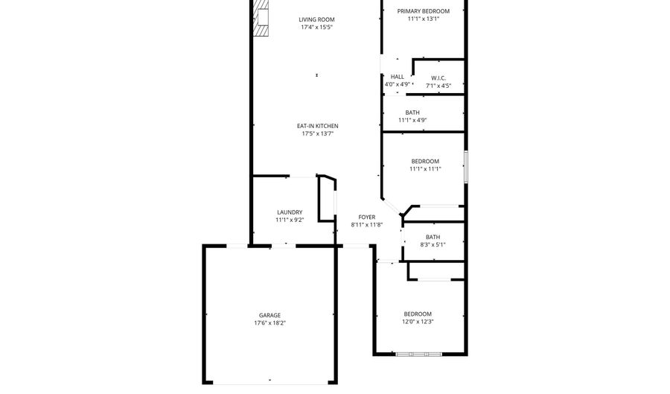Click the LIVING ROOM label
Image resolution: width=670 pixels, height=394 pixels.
tap(316, 19)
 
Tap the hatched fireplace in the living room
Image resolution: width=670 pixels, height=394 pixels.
tap(261, 18)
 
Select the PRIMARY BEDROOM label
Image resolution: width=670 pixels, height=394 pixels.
tap(424, 11)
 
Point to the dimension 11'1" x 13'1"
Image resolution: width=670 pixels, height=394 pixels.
tap(424, 19)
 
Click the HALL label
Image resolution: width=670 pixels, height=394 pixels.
tap(398, 77)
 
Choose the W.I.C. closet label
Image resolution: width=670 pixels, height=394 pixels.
tap(438, 77)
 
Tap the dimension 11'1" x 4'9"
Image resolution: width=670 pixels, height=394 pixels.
tap(412, 120)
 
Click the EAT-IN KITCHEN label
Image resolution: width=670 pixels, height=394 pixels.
tap(317, 126)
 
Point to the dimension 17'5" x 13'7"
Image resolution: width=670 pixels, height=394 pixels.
tap(317, 134)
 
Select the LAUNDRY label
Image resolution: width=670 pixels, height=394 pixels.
tap(290, 212)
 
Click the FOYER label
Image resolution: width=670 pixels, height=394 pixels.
tap(366, 217)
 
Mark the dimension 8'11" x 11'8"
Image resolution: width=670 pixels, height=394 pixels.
tap(366, 225)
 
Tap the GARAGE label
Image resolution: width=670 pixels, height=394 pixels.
tap(270, 315)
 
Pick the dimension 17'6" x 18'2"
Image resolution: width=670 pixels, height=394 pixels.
tap(270, 323)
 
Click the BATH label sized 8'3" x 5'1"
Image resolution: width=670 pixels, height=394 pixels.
tap(433, 237)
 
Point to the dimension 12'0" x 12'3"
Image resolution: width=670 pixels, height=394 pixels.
tap(418, 322)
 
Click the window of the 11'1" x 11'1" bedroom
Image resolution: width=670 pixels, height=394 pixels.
tap(466, 167)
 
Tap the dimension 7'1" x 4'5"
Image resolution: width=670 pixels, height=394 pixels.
tap(438, 86)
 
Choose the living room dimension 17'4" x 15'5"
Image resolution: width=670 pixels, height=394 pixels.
tap(316, 27)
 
